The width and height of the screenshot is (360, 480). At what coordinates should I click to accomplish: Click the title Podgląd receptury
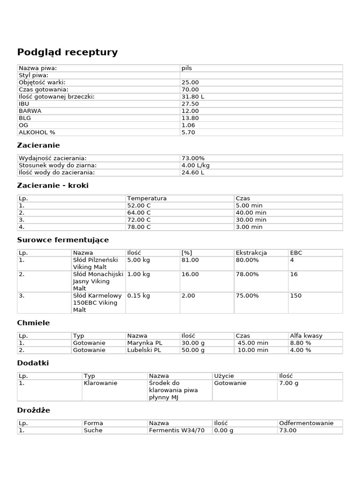point(67,52)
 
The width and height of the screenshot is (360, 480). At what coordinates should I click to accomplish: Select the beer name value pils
point(187,68)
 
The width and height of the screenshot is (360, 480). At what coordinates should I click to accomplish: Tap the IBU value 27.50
point(190,104)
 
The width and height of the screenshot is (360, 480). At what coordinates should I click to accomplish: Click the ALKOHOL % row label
point(37,132)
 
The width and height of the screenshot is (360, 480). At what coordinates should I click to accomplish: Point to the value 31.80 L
point(193,97)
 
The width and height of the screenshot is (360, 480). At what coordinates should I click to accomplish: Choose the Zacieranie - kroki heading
point(52,186)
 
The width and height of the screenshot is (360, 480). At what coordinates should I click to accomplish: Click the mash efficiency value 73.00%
point(193,158)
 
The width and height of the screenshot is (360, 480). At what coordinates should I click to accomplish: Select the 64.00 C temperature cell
point(139,212)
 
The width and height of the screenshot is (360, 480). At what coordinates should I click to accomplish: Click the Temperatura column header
point(147,198)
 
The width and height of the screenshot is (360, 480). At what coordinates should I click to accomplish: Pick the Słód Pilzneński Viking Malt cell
point(97,263)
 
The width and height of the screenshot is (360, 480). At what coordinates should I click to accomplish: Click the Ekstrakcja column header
point(251,253)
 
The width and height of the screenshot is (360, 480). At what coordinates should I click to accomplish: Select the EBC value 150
point(296,296)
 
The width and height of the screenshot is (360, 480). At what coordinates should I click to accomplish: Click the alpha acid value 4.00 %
point(300,350)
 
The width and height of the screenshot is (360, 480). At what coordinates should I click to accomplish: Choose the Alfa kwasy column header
point(306,336)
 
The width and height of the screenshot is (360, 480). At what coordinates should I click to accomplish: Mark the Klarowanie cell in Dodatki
point(100,383)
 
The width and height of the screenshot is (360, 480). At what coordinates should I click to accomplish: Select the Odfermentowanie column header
point(306,423)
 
